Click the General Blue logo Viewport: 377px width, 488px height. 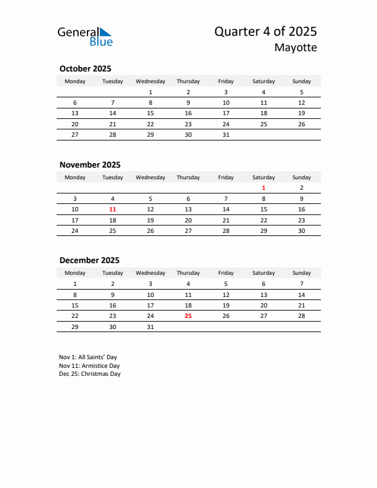pyautogui.click(x=85, y=36)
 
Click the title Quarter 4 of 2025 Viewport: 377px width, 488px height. pyautogui.click(x=266, y=31)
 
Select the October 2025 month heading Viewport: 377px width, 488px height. pyautogui.click(x=85, y=68)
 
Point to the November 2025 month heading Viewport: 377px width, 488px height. pyautogui.click(x=90, y=165)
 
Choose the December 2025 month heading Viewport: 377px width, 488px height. pyautogui.click(x=89, y=260)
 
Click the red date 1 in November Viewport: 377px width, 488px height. pyautogui.click(x=264, y=187)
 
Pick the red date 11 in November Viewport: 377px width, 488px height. pyautogui.click(x=113, y=209)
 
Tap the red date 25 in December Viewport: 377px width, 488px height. pyautogui.click(x=188, y=316)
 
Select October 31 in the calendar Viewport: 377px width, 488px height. pyautogui.click(x=226, y=135)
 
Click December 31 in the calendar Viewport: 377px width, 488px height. pyautogui.click(x=150, y=327)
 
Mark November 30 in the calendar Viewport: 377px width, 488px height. pyautogui.click(x=301, y=231)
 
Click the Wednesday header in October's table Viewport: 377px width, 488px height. pyautogui.click(x=150, y=81)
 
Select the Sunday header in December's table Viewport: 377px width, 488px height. pyautogui.click(x=301, y=273)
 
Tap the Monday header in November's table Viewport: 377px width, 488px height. pyautogui.click(x=75, y=177)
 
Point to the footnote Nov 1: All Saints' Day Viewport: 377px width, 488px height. pyautogui.click(x=88, y=357)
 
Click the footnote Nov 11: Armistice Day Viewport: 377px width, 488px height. pyautogui.click(x=89, y=365)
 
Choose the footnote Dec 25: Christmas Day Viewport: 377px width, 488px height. pyautogui.click(x=90, y=374)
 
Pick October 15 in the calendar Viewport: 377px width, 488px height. pyautogui.click(x=150, y=113)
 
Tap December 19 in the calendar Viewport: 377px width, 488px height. pyautogui.click(x=226, y=305)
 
